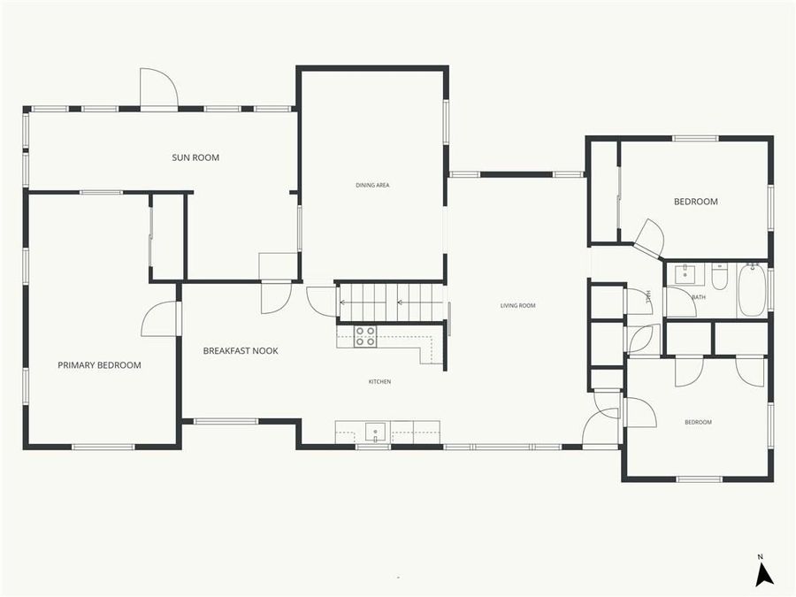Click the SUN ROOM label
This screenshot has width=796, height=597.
195,157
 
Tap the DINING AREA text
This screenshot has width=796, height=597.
372,185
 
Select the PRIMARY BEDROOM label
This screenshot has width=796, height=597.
99,364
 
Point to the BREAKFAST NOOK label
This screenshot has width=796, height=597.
241,351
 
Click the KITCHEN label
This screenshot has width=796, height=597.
379,381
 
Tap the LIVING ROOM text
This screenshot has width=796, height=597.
517,306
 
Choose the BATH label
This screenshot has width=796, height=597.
699,297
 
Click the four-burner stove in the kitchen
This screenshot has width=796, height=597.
365,335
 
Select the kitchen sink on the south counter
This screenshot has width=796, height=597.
376,433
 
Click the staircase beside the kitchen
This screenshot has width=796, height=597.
389,301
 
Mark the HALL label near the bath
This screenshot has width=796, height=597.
648,296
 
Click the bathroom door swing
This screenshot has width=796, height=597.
679,302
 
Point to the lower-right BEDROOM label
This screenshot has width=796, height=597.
698,422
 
